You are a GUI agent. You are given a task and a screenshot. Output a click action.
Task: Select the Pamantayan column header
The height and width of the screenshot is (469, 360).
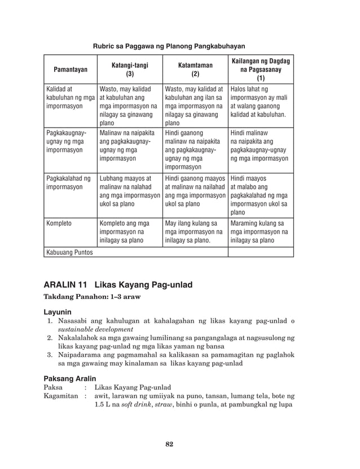coord(70,70)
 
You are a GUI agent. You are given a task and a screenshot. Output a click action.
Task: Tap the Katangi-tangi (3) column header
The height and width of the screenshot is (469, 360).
coord(129,69)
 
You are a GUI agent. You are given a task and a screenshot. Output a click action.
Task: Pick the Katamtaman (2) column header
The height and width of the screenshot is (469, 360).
coord(195,69)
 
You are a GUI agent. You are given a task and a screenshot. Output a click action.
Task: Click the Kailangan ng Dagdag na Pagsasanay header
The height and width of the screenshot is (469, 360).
coord(260,69)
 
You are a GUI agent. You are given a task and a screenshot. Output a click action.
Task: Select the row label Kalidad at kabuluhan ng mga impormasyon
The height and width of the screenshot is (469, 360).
coord(70,97)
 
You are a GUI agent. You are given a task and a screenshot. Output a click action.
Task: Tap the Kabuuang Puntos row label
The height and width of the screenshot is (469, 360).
coord(69,252)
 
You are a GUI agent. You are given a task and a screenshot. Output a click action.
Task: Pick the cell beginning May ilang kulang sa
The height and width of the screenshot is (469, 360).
coord(195,231)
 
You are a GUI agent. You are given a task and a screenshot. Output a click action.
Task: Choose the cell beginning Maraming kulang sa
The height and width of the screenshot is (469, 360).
coord(260,231)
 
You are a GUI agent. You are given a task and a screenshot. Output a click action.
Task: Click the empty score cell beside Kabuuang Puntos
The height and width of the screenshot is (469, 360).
coord(260,252)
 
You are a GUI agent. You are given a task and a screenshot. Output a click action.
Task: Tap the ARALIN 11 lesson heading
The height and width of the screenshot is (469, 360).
coord(118,285)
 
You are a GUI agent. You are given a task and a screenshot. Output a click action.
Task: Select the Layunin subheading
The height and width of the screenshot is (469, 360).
coord(59,312)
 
